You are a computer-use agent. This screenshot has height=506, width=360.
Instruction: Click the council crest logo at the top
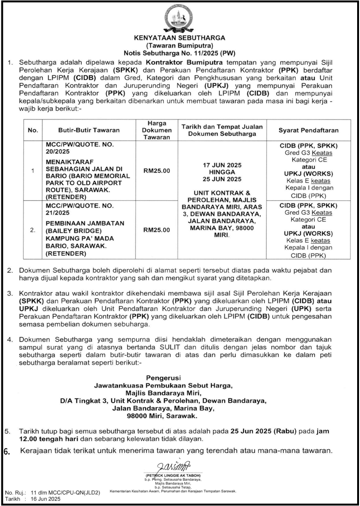coord(179,19)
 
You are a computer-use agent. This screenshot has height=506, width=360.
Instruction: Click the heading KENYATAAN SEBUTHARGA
coord(179,37)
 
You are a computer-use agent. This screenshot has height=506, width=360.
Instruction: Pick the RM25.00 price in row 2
coord(157,230)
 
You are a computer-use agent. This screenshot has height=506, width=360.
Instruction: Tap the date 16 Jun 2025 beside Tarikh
coord(46,499)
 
